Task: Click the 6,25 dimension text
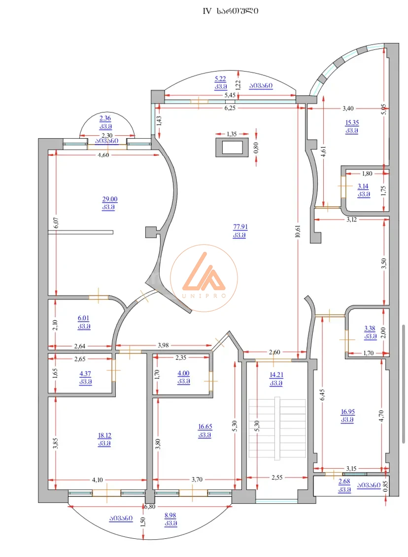tap(230, 108)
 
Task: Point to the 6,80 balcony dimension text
tap(150, 507)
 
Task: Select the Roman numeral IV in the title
tap(207, 11)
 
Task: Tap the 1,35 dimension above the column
tap(231, 134)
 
